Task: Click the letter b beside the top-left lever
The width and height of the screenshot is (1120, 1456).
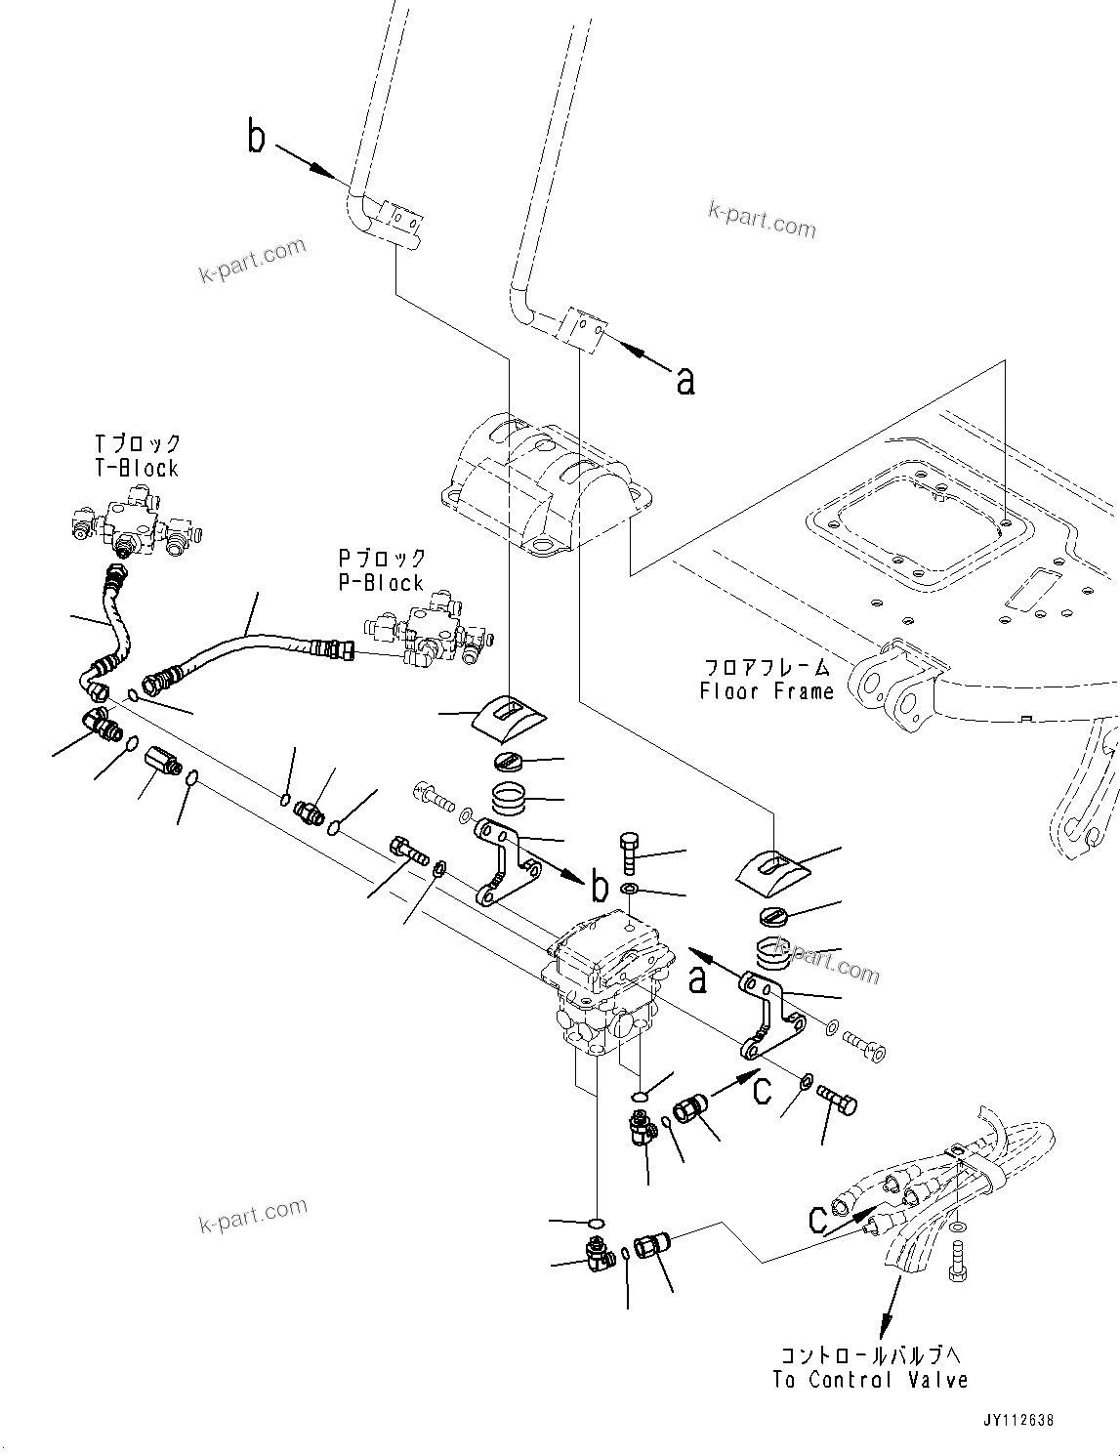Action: click(256, 139)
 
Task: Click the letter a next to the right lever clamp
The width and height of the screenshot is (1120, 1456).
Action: click(686, 380)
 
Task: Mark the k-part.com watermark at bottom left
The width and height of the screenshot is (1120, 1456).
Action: click(252, 1216)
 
